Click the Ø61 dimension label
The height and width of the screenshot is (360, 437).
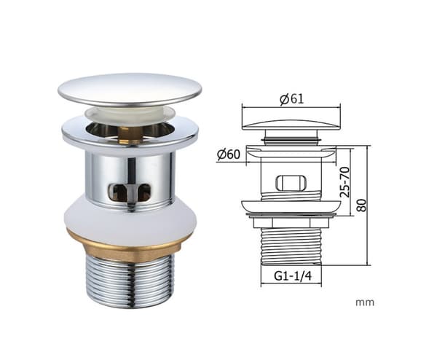291,99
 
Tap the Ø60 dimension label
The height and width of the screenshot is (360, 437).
228,154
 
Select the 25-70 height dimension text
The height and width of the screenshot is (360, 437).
345,181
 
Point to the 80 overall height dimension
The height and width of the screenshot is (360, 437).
362,206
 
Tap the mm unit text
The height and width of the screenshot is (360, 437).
365,302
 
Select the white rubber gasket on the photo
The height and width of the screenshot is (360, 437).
130,220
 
